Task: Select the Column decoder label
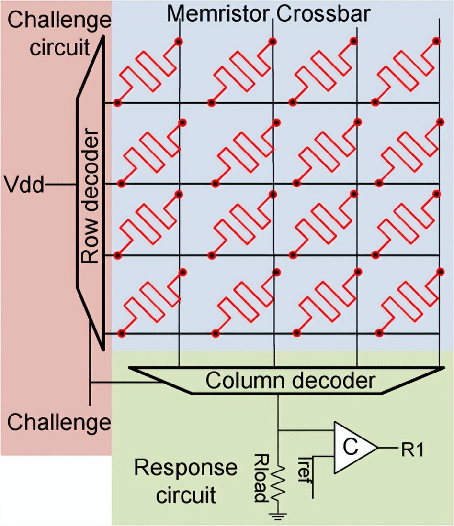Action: tap(290, 381)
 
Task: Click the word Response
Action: tap(185, 467)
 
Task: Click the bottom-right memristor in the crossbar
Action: tap(408, 302)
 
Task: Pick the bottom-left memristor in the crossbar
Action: tap(152, 302)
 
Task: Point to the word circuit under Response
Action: tap(185, 494)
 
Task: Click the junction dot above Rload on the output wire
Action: tap(278, 429)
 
